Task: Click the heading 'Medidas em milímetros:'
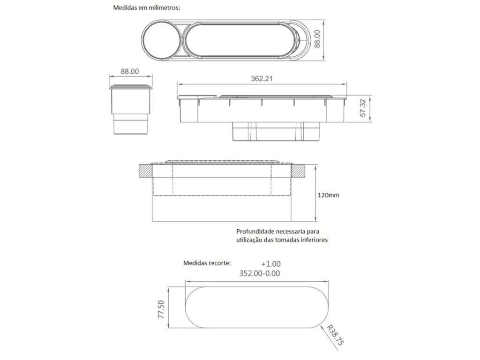click(x=147, y=7)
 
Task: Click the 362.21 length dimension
click(x=262, y=79)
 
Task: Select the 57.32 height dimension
click(x=363, y=108)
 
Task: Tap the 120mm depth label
click(x=329, y=195)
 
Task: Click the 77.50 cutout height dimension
click(x=161, y=309)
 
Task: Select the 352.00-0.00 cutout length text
click(x=260, y=273)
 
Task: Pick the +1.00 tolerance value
click(x=271, y=264)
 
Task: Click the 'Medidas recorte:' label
click(x=207, y=263)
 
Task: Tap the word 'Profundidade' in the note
click(x=255, y=232)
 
